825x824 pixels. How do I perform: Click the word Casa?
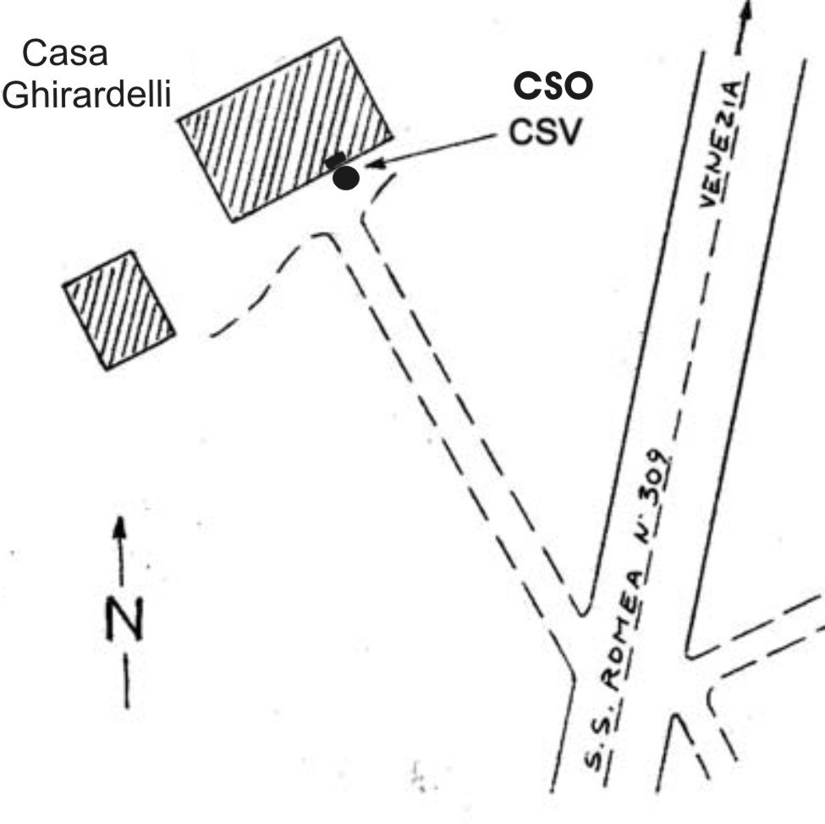click(65, 54)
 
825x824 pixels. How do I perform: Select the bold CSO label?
click(554, 86)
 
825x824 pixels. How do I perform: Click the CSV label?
click(545, 132)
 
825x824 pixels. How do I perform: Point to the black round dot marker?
click(345, 178)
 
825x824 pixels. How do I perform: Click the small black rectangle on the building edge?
click(335, 160)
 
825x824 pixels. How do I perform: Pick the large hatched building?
click(285, 129)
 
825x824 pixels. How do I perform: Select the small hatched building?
click(119, 310)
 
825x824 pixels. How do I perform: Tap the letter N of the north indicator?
click(124, 619)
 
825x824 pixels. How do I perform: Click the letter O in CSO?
click(578, 86)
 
